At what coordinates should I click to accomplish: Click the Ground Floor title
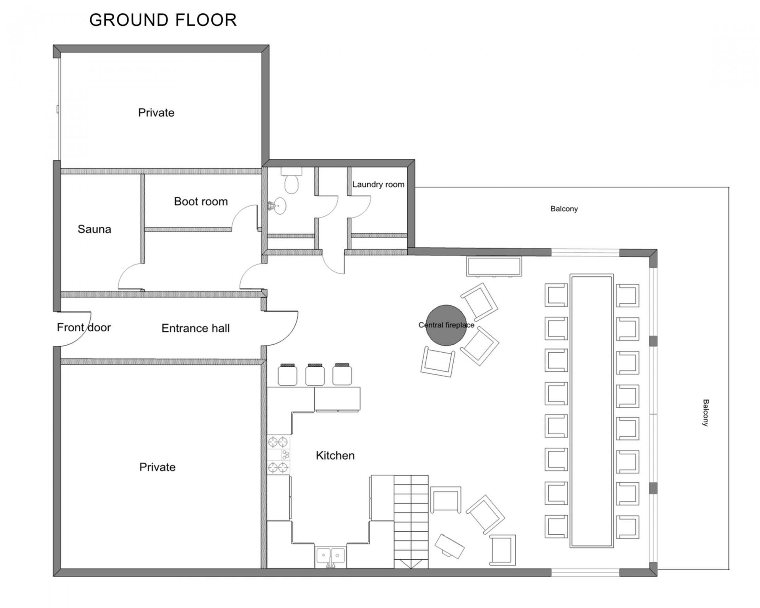click(163, 20)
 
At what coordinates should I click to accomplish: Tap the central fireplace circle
click(446, 325)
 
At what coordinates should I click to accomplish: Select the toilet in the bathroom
click(291, 181)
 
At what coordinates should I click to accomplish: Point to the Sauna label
click(94, 229)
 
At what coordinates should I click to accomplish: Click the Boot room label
click(201, 201)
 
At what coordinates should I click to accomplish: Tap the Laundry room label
click(378, 184)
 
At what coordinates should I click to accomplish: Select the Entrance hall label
click(196, 328)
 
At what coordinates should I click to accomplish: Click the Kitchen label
click(335, 456)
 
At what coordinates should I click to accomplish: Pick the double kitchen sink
click(331, 556)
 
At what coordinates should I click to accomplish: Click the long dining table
click(591, 411)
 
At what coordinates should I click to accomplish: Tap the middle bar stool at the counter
click(315, 374)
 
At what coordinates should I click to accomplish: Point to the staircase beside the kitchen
click(411, 522)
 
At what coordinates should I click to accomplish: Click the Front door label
click(84, 327)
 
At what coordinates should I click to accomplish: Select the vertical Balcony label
click(705, 412)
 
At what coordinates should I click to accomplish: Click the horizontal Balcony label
click(564, 209)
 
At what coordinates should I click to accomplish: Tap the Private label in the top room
click(156, 113)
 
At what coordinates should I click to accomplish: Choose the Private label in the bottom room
click(157, 467)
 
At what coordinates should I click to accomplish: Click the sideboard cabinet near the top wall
click(494, 266)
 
